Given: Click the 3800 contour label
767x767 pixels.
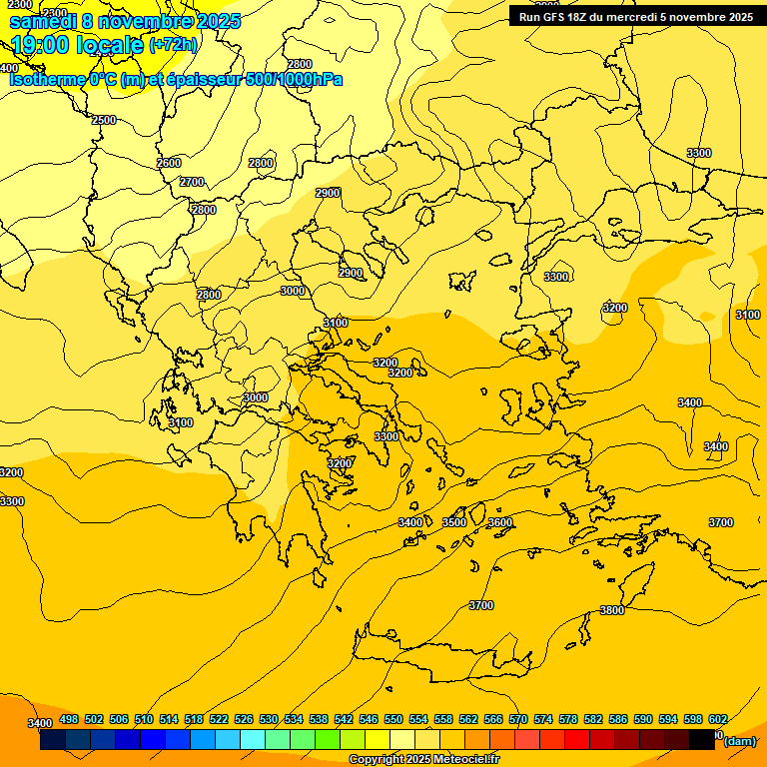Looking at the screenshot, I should [x=612, y=610].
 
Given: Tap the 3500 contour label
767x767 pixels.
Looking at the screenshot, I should [x=454, y=522].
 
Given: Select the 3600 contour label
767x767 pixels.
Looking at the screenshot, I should [x=500, y=522].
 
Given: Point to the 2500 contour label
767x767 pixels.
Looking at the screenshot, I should [x=104, y=120].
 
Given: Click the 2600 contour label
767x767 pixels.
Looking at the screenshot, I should [x=169, y=163].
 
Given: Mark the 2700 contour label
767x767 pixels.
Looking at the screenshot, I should [x=192, y=182].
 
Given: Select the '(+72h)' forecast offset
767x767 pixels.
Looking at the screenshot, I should [x=174, y=45].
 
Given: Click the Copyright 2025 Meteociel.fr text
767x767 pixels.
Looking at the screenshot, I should [x=423, y=760].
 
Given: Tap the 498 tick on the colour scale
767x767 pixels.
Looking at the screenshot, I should [x=69, y=719].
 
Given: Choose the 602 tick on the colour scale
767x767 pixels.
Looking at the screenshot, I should [x=718, y=719].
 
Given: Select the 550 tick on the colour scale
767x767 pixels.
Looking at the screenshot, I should [x=393, y=719].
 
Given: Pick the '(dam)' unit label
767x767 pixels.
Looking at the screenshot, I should [x=740, y=741].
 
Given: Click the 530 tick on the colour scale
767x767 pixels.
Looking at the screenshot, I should [x=269, y=719].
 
